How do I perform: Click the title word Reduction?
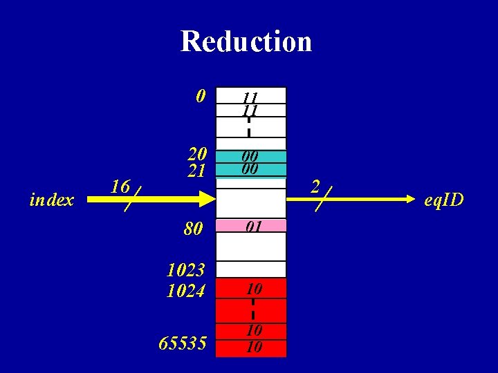(246, 41)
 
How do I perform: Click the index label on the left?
(52, 200)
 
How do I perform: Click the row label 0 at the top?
(201, 96)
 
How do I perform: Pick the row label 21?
(197, 171)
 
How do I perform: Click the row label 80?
(194, 228)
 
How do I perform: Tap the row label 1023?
(186, 270)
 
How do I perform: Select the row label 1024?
(186, 291)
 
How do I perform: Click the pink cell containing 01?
(251, 226)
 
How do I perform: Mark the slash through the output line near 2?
(323, 198)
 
